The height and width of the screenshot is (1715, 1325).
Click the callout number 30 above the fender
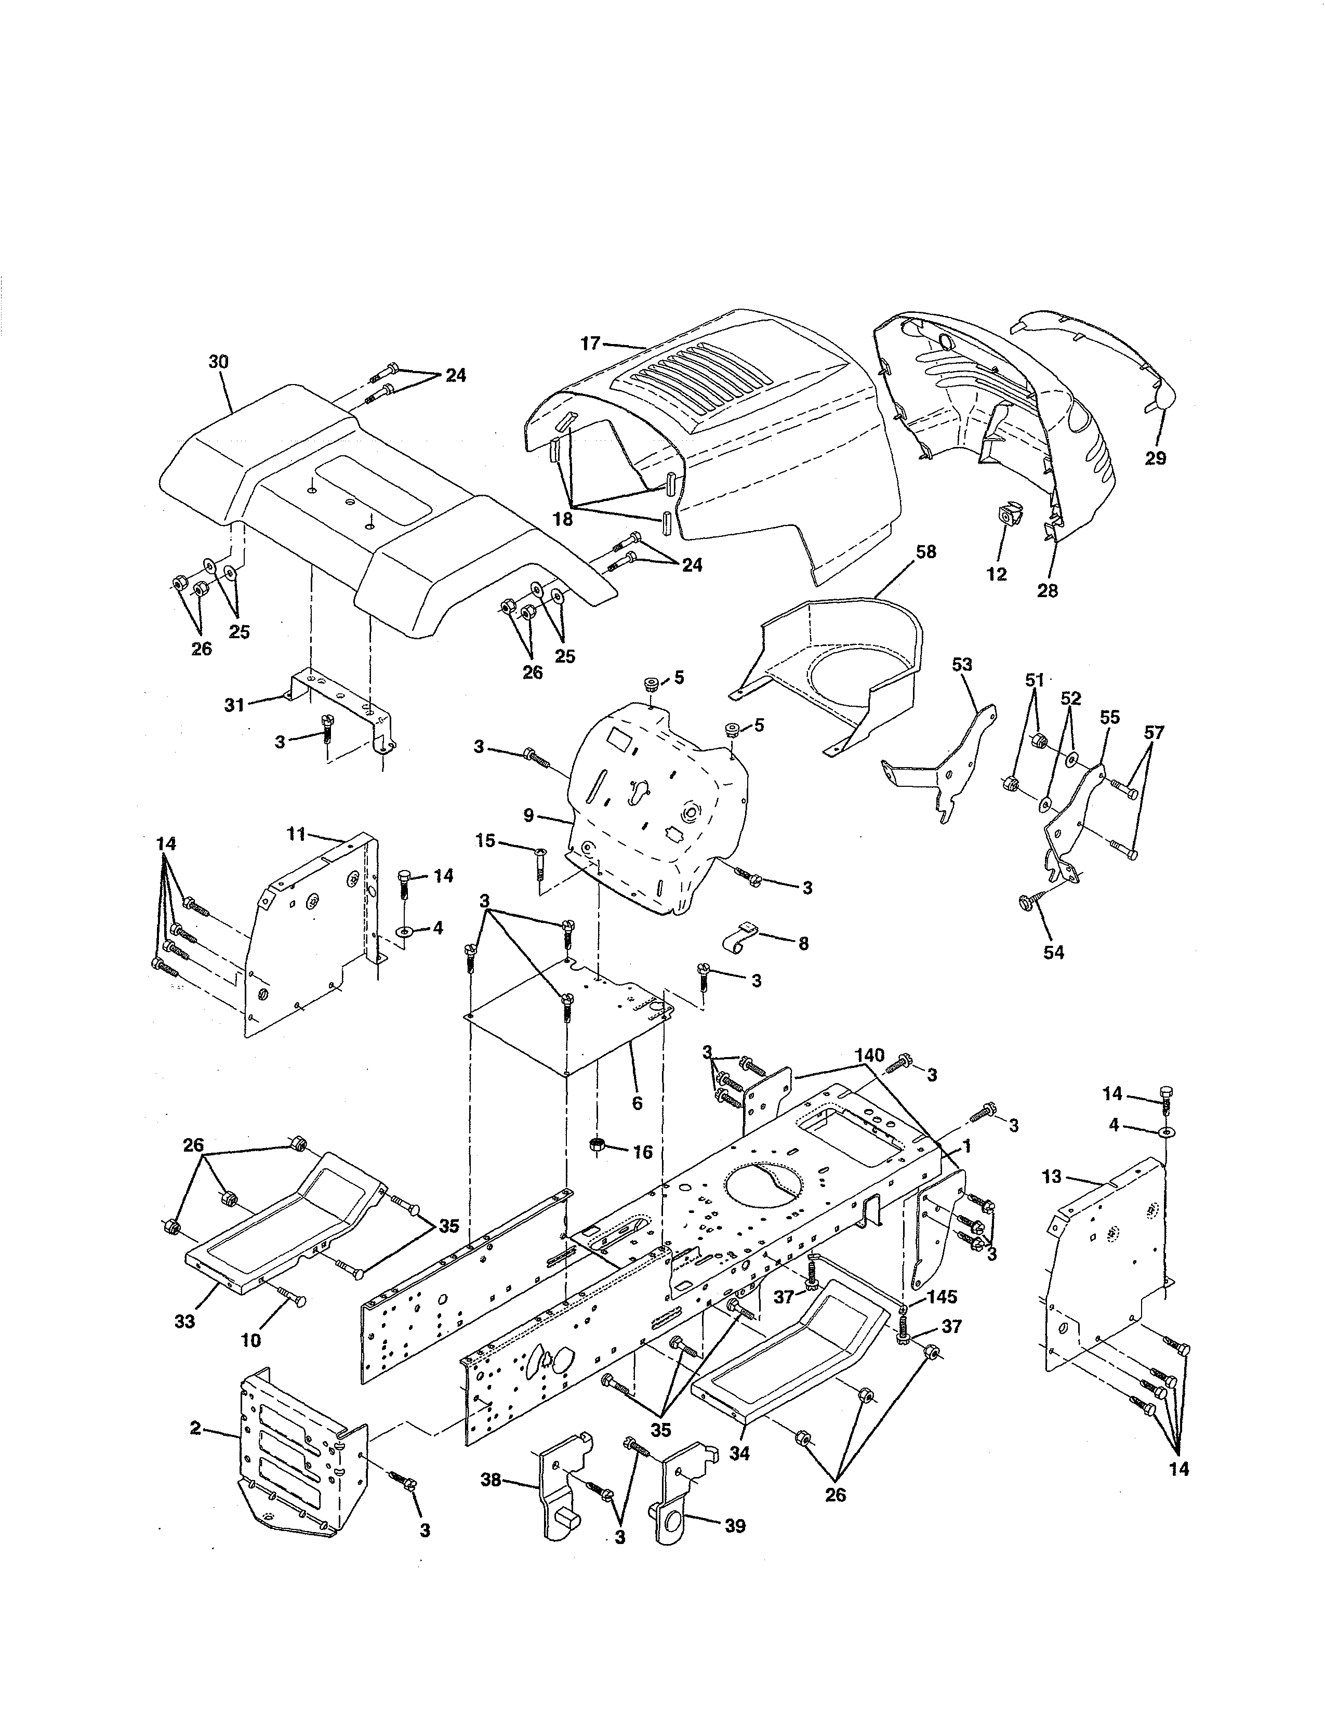(218, 362)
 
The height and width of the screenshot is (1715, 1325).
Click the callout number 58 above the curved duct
(926, 552)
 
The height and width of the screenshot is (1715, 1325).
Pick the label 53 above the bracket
(962, 664)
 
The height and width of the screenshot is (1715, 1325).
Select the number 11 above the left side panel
(296, 834)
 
